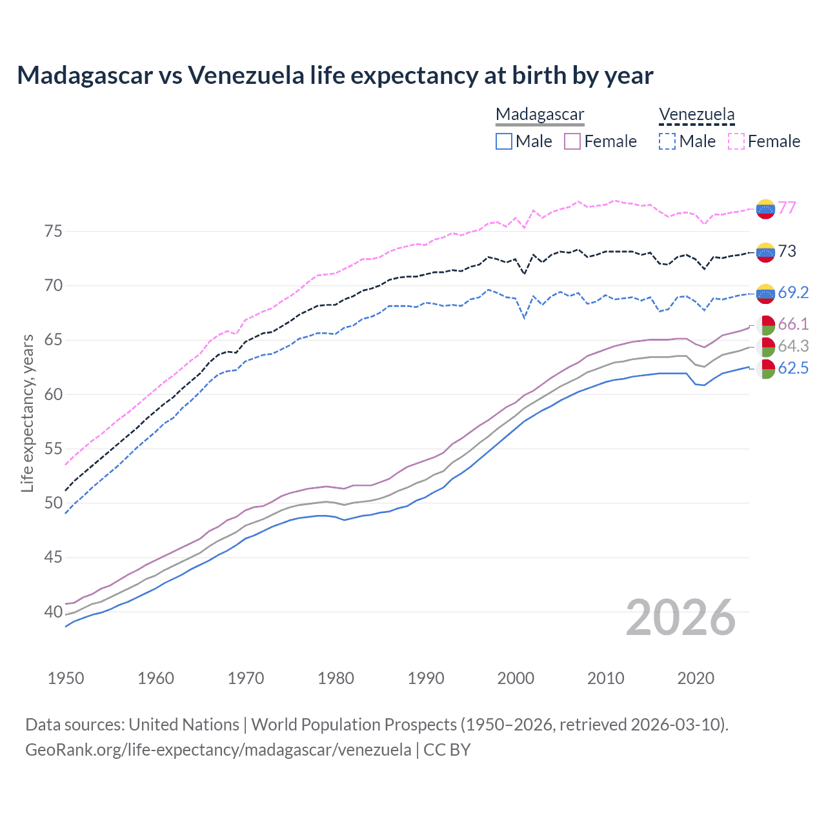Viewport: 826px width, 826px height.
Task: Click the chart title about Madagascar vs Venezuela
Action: pos(335,76)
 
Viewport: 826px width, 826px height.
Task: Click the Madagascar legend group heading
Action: pos(539,114)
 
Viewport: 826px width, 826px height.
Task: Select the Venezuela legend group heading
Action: pos(696,114)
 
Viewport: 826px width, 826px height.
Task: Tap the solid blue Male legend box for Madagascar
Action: pos(504,141)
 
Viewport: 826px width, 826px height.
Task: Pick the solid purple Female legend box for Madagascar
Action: pos(572,141)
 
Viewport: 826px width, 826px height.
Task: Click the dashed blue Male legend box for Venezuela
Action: pos(667,141)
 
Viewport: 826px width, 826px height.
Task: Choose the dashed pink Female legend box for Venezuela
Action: pos(736,141)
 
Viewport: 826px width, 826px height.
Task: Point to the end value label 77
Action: pos(787,208)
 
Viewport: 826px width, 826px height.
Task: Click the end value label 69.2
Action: pos(792,292)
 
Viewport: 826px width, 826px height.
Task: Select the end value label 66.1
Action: pos(792,324)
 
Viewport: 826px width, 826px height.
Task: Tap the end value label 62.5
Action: pos(792,368)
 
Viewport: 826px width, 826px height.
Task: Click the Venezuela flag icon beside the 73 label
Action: pos(765,252)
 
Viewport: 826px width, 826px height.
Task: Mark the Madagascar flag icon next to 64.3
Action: pos(765,347)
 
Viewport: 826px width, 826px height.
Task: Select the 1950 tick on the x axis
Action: pos(66,678)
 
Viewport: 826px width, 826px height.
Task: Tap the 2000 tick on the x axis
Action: pos(516,678)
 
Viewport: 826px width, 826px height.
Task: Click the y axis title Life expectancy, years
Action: pos(27,413)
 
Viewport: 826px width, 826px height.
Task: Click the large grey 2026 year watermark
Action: pos(681,618)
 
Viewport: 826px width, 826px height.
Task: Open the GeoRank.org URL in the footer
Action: pos(218,750)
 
